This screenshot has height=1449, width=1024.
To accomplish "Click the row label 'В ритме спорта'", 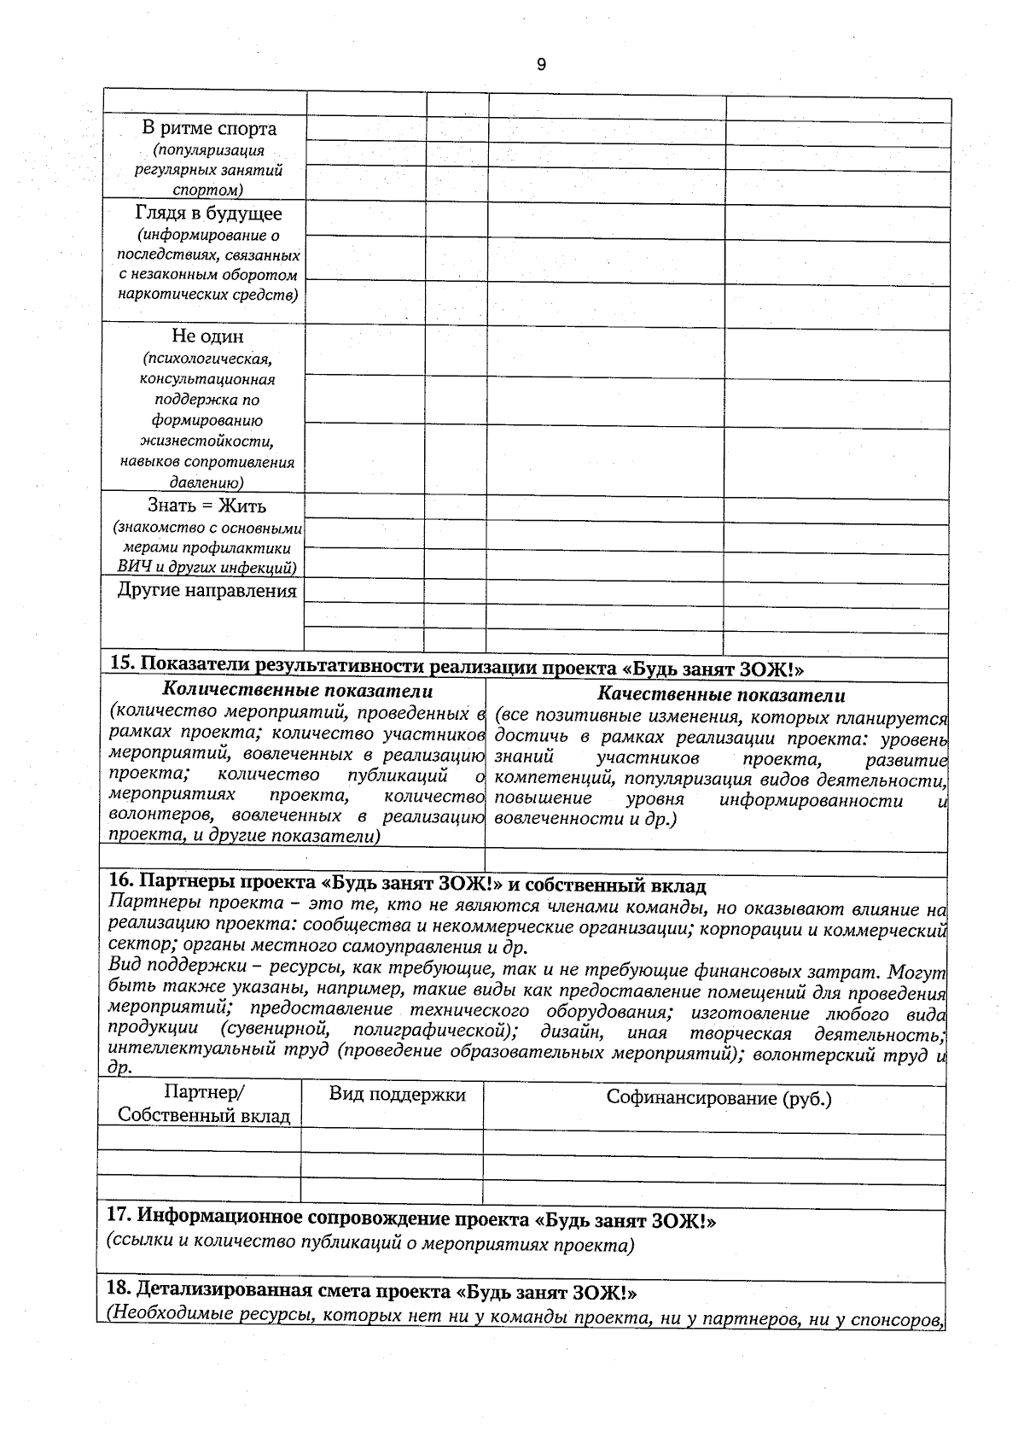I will click(x=208, y=129).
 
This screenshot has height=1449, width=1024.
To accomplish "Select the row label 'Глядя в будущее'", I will click(x=208, y=213).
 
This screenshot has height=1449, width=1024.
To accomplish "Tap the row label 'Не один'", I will click(x=207, y=336).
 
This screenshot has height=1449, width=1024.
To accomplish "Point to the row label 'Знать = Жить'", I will click(x=207, y=505).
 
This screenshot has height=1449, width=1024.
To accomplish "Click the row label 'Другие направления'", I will click(x=207, y=591).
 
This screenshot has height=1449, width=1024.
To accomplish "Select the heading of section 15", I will click(x=457, y=667).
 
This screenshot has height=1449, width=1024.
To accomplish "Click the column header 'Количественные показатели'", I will click(x=297, y=691).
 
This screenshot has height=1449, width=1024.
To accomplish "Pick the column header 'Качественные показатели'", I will click(x=721, y=695).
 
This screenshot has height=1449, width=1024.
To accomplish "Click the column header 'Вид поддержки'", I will click(x=397, y=1095).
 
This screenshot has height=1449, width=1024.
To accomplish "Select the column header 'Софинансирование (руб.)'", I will click(x=719, y=1098).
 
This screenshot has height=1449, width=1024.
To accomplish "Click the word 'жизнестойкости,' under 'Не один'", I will click(x=207, y=441).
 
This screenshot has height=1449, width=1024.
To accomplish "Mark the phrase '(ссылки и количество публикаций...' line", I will click(x=370, y=1244).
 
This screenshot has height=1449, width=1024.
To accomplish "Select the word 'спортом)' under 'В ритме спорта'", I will click(x=207, y=190).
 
